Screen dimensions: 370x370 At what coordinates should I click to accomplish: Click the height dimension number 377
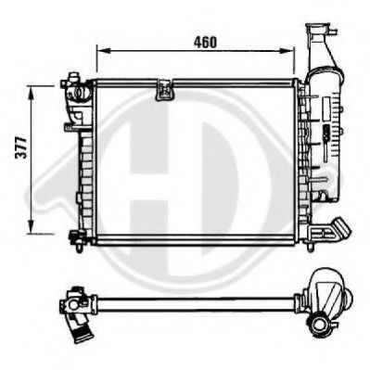[x=19, y=158]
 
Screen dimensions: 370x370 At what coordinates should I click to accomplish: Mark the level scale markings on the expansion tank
[x=325, y=139]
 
